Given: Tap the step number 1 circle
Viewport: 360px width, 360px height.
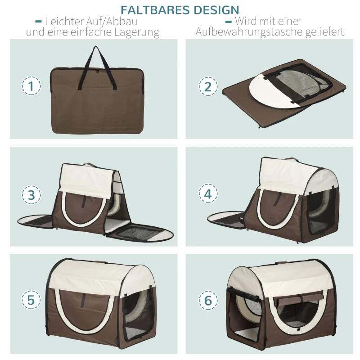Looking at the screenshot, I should (x=31, y=86).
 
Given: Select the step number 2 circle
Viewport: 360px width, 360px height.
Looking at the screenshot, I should (x=208, y=86).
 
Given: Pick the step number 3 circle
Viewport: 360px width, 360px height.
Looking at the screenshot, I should (x=31, y=195).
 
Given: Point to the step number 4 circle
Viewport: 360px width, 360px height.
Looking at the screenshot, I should (x=208, y=194).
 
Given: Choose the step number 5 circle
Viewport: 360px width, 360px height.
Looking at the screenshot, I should (x=31, y=301).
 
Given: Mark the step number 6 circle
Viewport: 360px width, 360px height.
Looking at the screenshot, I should (x=208, y=301).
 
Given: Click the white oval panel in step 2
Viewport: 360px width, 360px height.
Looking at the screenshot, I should (x=265, y=90).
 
